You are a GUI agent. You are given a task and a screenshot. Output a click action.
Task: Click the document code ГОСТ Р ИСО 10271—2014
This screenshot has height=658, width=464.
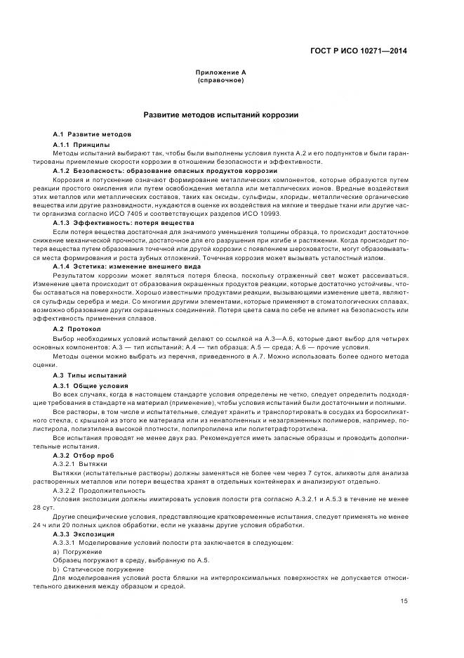(x=359, y=51)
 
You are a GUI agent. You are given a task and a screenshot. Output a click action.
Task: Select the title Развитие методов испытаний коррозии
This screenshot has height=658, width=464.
(x=221, y=115)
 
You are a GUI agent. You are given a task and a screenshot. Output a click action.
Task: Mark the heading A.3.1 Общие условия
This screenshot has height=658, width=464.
(x=91, y=386)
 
